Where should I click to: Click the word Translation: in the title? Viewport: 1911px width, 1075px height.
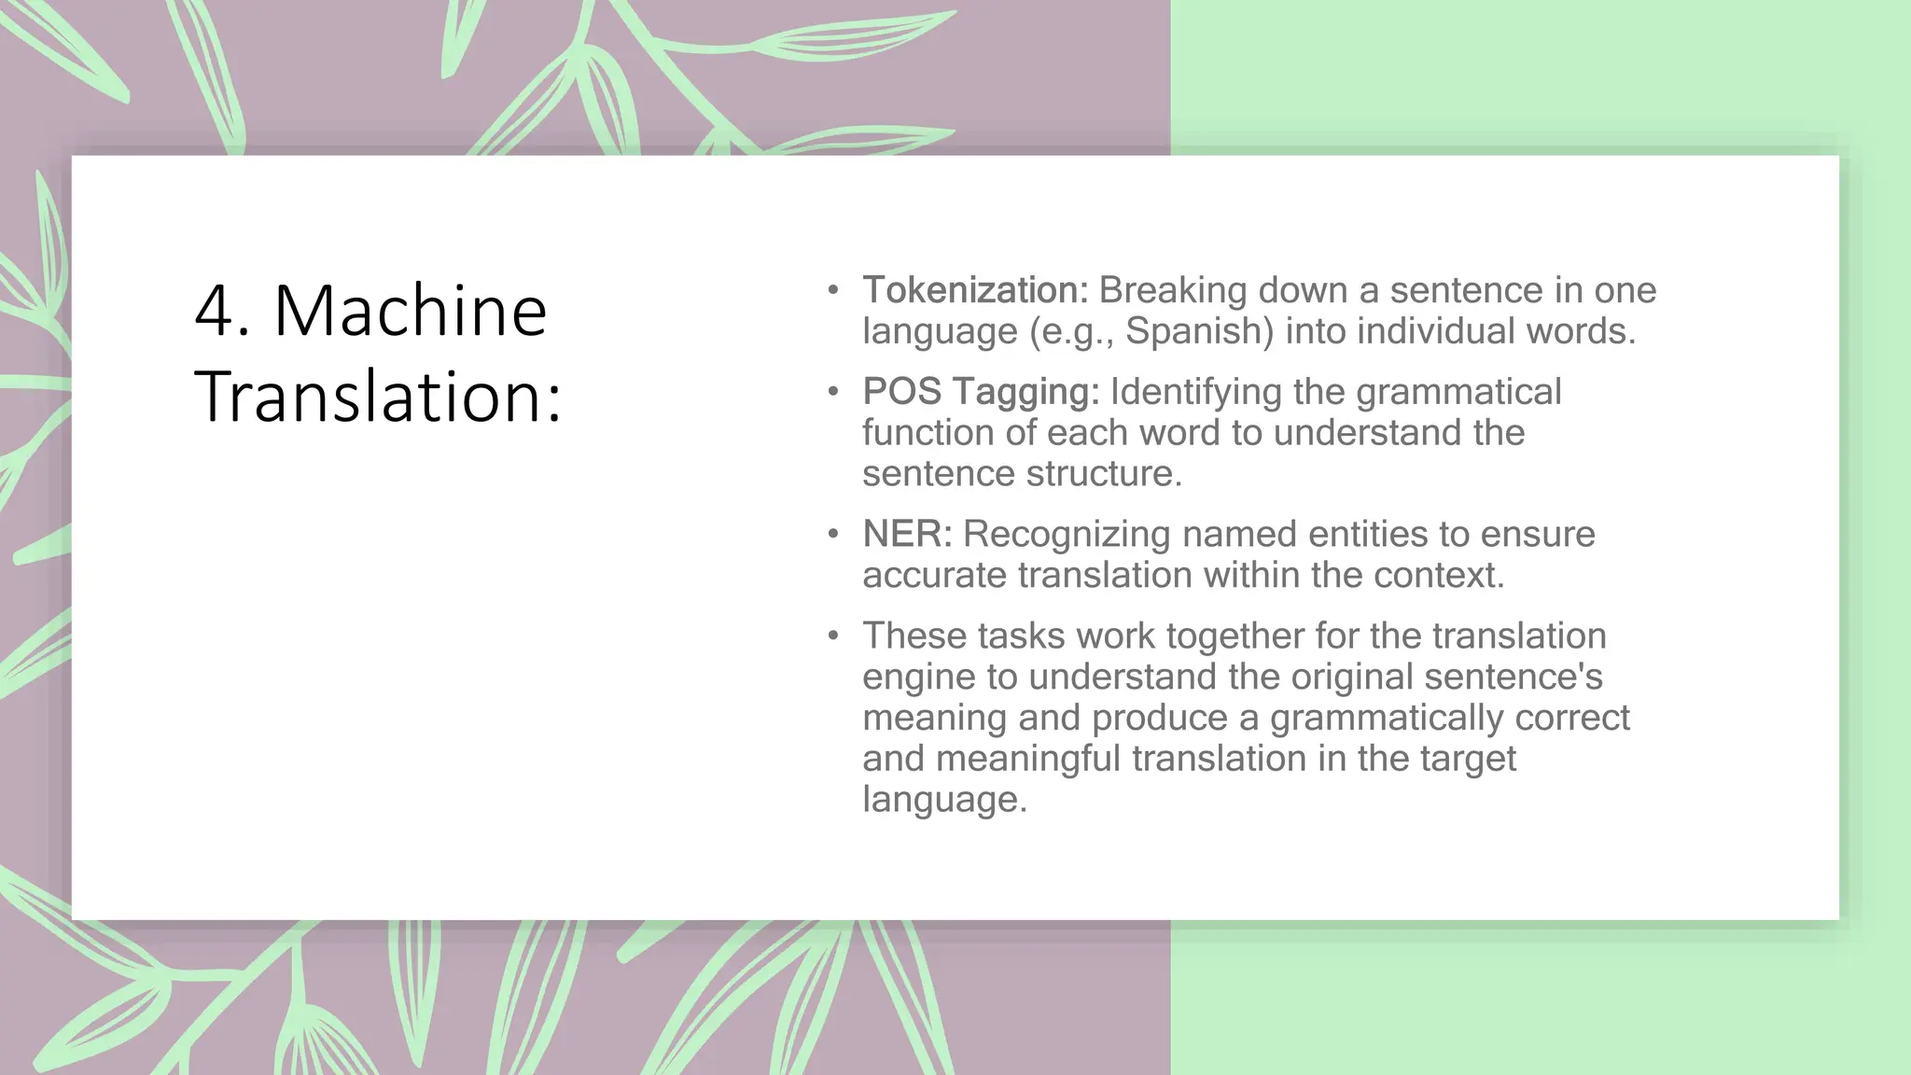point(378,397)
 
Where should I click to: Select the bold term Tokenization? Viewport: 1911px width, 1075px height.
point(975,290)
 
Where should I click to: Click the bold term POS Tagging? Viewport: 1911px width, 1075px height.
point(981,392)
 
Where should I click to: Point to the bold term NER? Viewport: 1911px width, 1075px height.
point(907,534)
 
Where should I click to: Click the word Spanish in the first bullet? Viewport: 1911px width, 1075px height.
point(1198,331)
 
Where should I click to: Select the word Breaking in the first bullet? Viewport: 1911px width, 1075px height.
point(1173,290)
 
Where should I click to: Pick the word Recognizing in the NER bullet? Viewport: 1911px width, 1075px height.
point(1067,534)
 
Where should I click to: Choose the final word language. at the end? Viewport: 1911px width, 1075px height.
point(944,800)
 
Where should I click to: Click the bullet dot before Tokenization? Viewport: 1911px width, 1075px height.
point(833,290)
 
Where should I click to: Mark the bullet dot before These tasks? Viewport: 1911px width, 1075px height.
point(833,636)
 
